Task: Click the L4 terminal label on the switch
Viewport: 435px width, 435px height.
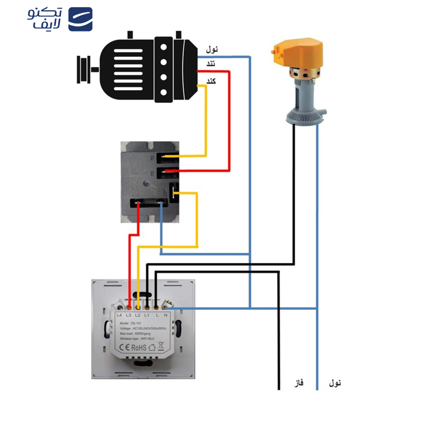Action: (x=119, y=315)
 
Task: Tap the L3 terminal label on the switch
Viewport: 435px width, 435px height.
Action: (x=128, y=315)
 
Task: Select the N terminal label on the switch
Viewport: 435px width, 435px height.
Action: (x=166, y=315)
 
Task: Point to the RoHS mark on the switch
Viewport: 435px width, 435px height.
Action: (x=138, y=346)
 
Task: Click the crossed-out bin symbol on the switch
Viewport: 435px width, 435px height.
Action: (x=161, y=346)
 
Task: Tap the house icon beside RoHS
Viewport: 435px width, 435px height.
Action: (x=152, y=346)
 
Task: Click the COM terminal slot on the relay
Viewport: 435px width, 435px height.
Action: (x=175, y=191)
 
